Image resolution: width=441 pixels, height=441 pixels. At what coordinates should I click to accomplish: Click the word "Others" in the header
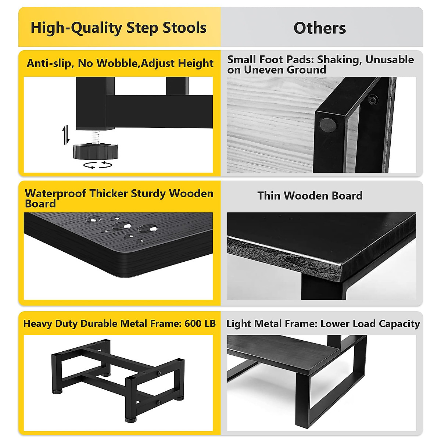coord(319,28)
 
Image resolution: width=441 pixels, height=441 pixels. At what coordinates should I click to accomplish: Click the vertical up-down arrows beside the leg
coord(66,135)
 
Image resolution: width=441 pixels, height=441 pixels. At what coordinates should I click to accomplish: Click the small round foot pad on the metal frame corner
coord(328,125)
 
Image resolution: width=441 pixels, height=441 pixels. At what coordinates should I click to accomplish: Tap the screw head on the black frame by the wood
coord(373,99)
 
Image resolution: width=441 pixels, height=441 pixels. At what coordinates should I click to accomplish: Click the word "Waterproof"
coord(55,193)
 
